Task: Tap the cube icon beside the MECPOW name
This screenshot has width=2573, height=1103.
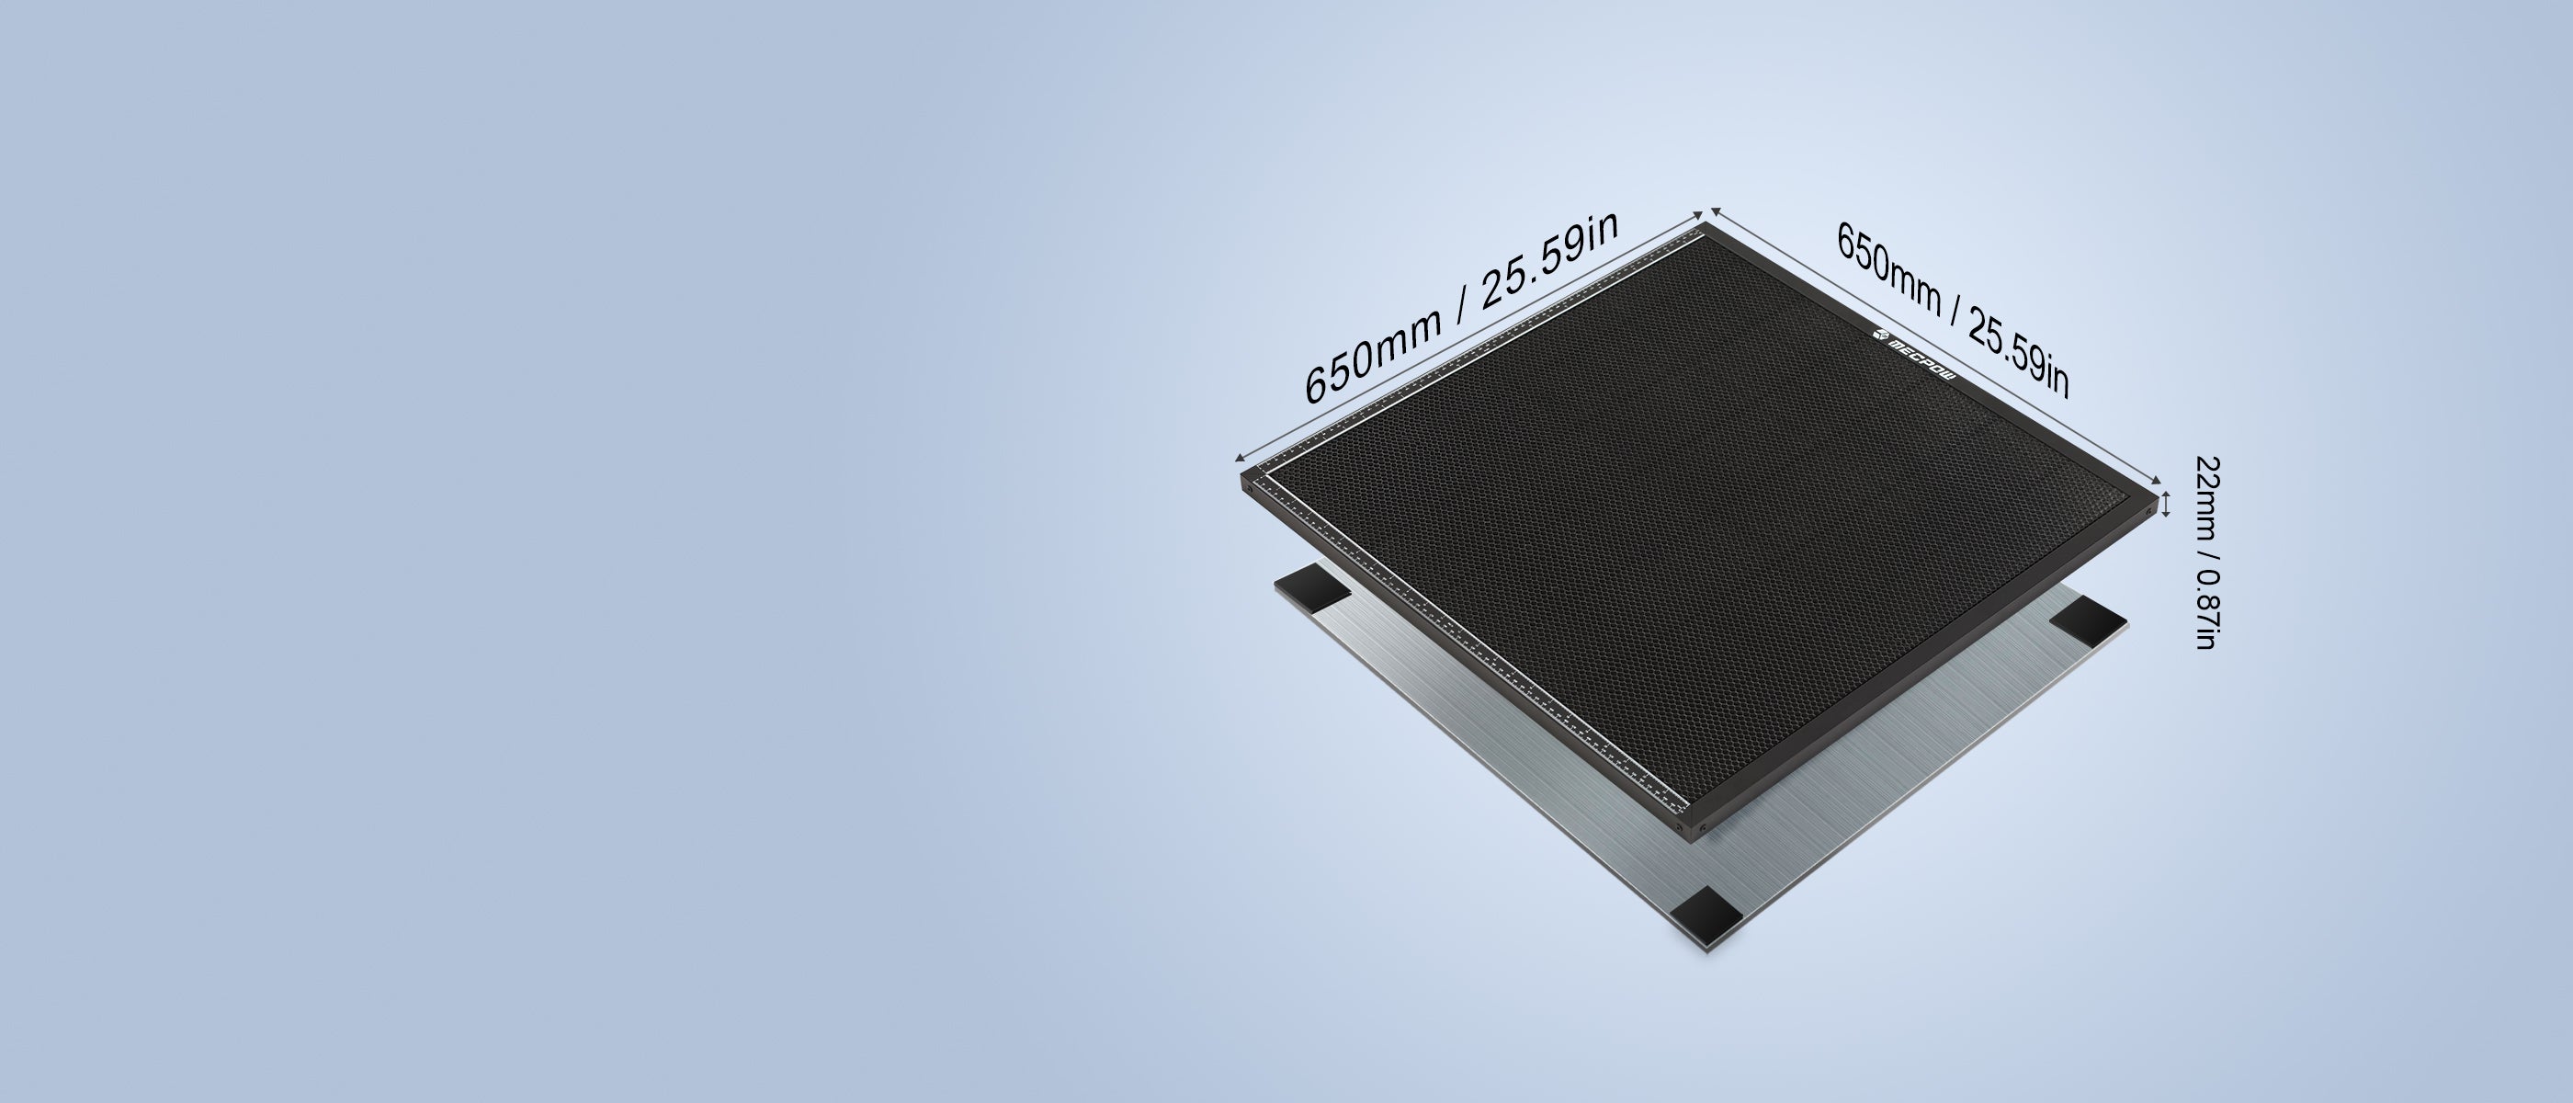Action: (x=1877, y=334)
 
